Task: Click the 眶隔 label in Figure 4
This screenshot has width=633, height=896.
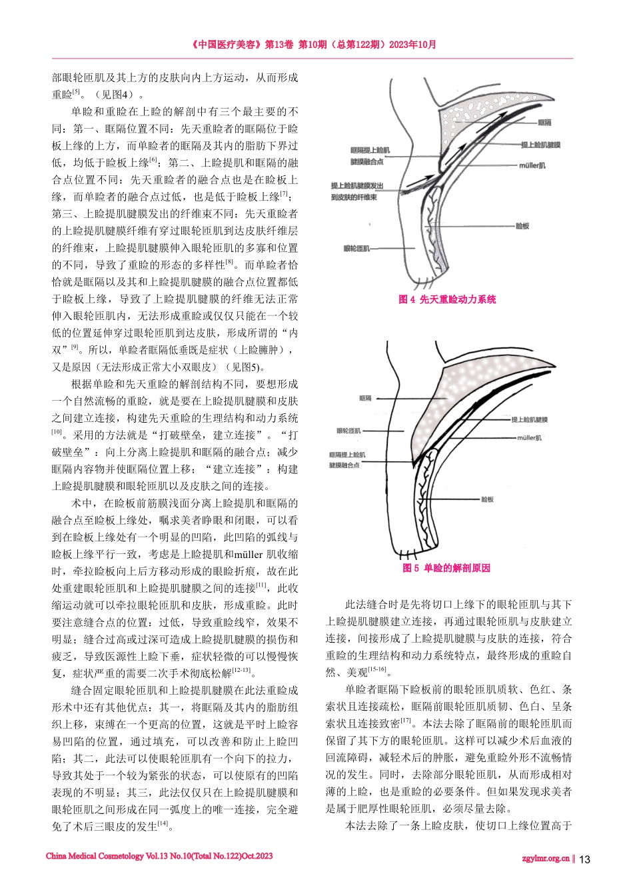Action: pos(544,123)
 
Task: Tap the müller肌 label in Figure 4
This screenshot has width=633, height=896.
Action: pos(532,165)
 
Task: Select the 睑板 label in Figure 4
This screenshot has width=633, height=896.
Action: pos(522,227)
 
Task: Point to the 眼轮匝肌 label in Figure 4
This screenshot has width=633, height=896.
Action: pos(356,249)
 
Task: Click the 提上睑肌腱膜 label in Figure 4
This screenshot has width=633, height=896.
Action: pos(540,145)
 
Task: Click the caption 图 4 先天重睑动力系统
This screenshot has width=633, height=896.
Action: pos(447,299)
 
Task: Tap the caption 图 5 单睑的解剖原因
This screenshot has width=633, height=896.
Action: pos(446,568)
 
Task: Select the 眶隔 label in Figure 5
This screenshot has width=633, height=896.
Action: pos(365,398)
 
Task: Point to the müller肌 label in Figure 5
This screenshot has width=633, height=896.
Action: pos(529,438)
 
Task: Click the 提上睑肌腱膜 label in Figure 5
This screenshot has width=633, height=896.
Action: pos(529,420)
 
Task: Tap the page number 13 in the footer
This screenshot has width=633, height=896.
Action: pos(584,859)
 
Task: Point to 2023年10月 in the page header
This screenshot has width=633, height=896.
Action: pos(412,45)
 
